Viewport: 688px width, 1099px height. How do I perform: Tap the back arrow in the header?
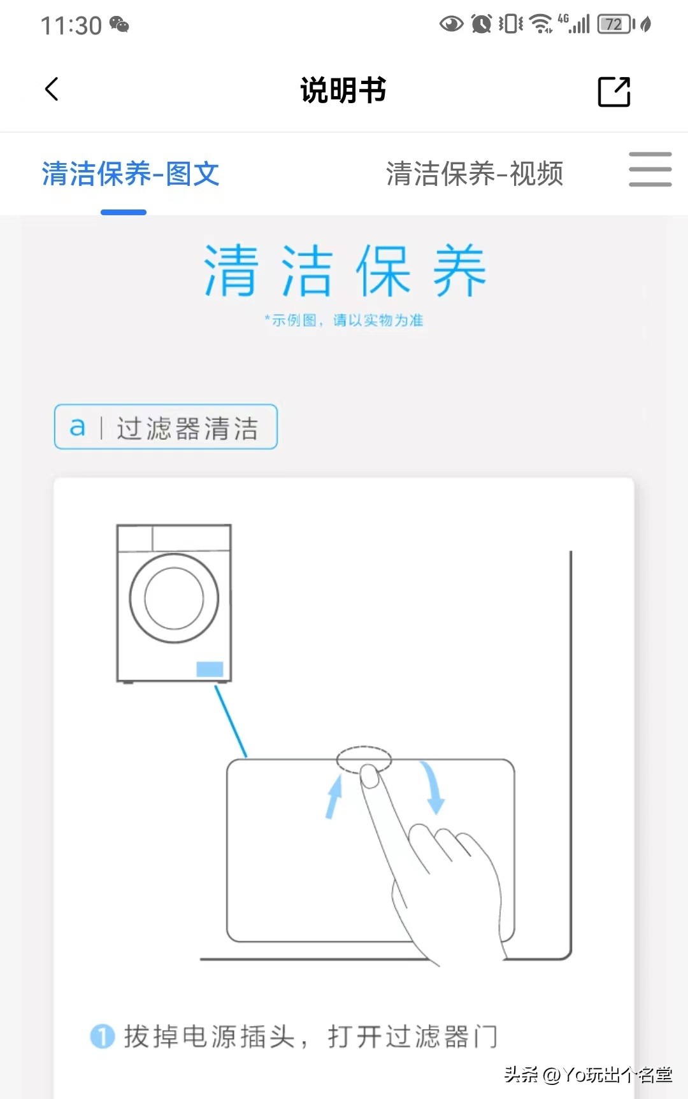(52, 89)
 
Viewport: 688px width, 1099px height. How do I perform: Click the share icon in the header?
(614, 92)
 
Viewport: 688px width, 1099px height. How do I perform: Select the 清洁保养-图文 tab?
(131, 174)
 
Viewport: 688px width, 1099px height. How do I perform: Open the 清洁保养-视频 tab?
(475, 174)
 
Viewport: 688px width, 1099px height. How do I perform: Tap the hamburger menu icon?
(650, 169)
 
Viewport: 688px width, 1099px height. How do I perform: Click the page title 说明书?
(343, 90)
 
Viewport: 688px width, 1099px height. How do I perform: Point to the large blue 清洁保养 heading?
(345, 271)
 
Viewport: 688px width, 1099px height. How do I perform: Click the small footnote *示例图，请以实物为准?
(344, 320)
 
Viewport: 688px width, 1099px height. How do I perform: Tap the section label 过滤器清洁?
(187, 429)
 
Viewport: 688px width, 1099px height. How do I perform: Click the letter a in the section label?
(77, 427)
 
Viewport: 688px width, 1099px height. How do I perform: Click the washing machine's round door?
(174, 599)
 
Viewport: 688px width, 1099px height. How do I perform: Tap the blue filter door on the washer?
(210, 669)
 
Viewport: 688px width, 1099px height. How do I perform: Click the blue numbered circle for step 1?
(103, 1037)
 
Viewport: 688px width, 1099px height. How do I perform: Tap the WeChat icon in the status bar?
(119, 25)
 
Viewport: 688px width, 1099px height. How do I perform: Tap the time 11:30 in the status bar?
(71, 26)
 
